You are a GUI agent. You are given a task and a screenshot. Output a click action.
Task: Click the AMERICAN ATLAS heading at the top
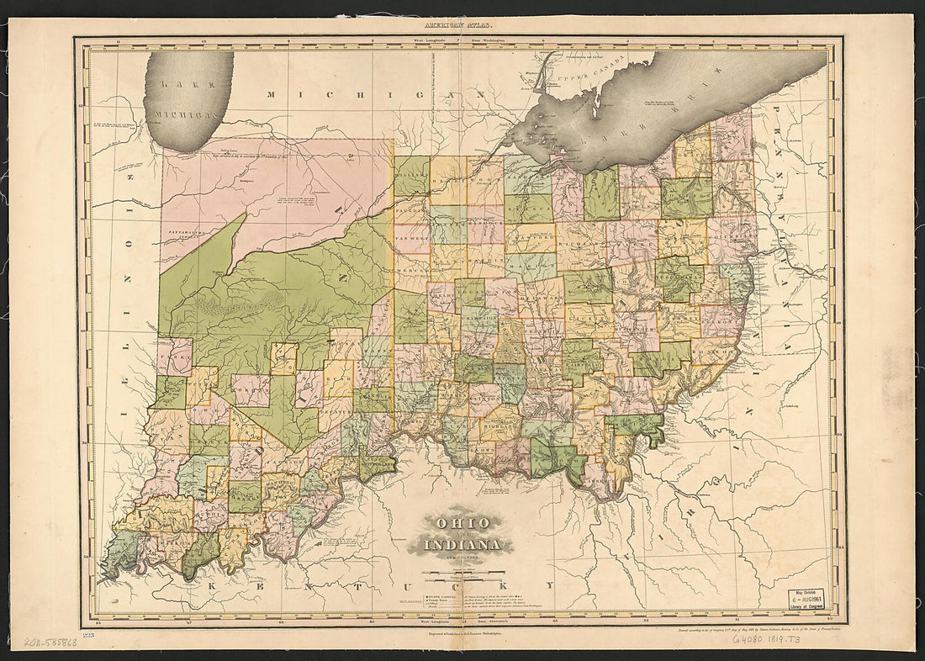click(x=462, y=27)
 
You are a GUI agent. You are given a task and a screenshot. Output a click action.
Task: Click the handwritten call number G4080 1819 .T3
click(x=767, y=640)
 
